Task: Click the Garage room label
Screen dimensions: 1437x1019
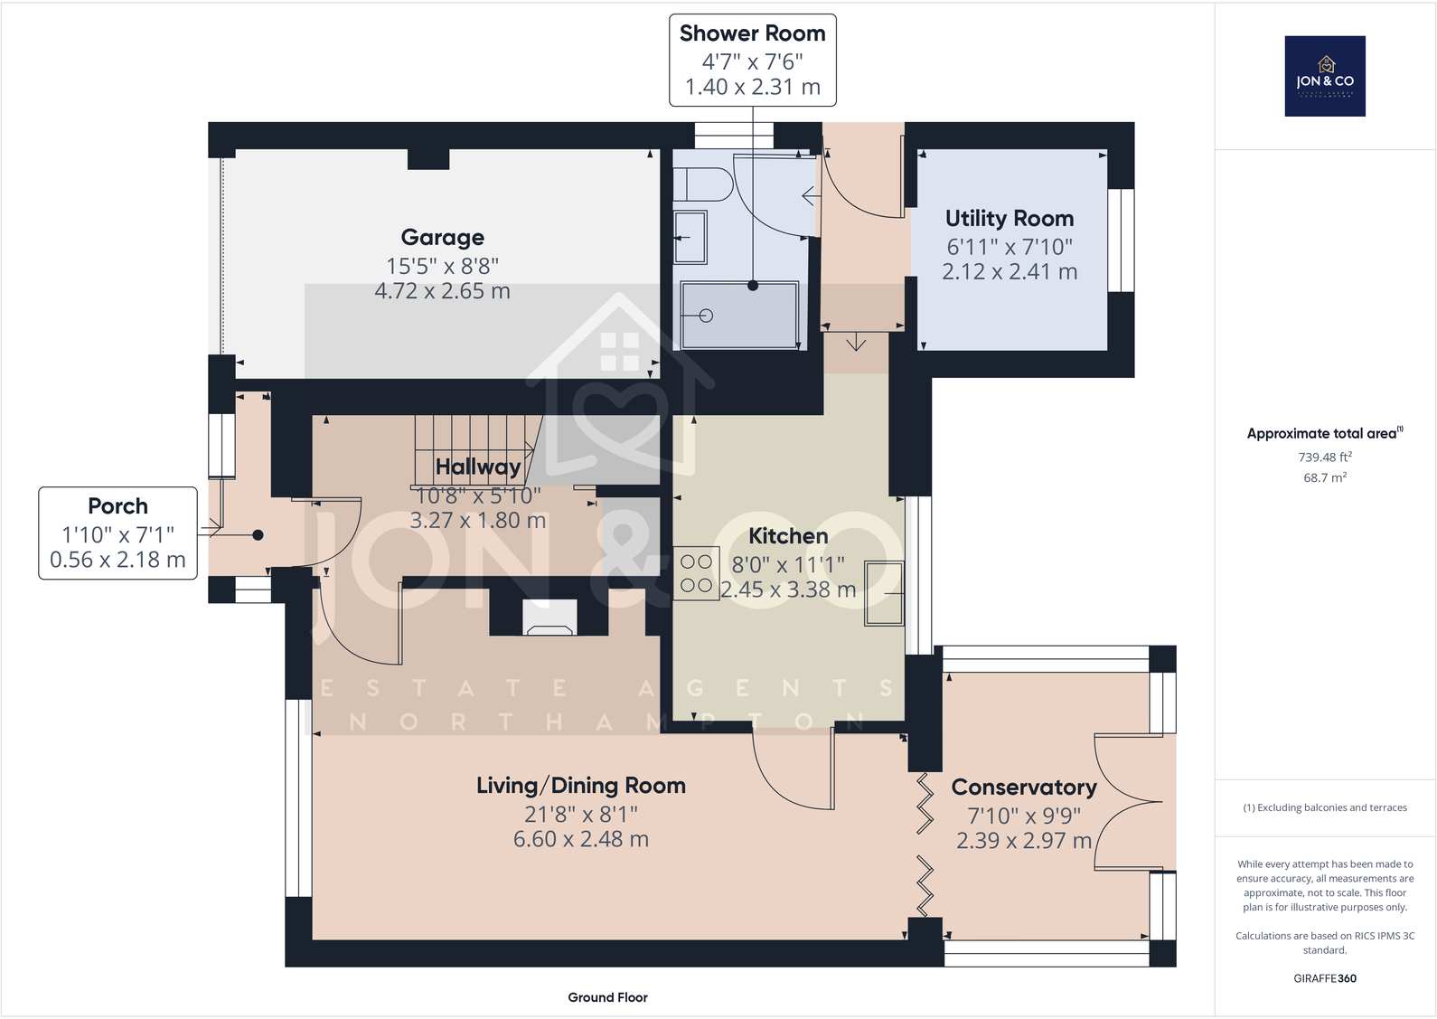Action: (x=443, y=238)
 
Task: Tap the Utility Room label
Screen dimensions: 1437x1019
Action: (x=1010, y=218)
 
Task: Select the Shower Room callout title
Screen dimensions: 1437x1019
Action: (x=753, y=33)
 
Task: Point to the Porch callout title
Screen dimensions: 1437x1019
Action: (x=118, y=506)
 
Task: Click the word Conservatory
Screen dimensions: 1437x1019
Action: (x=1024, y=788)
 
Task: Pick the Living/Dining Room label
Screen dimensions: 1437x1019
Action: (x=580, y=786)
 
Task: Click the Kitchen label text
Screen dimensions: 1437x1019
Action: (x=788, y=536)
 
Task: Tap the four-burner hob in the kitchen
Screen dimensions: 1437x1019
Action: (x=696, y=573)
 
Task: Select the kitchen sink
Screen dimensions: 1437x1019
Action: (x=884, y=593)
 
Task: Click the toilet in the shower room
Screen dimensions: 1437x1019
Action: (x=703, y=184)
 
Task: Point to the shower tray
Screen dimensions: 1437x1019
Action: (x=739, y=316)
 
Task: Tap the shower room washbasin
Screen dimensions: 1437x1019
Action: (x=690, y=237)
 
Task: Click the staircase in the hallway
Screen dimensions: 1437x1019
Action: (x=474, y=450)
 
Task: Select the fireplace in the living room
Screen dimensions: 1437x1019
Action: (x=549, y=618)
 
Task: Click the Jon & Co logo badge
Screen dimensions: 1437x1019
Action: (x=1325, y=76)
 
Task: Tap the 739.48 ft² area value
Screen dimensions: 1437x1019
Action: (x=1325, y=457)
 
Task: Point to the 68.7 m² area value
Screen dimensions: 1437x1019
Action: (x=1325, y=477)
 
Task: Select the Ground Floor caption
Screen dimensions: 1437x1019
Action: (x=607, y=998)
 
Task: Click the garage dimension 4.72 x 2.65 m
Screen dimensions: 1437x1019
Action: (x=443, y=291)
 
